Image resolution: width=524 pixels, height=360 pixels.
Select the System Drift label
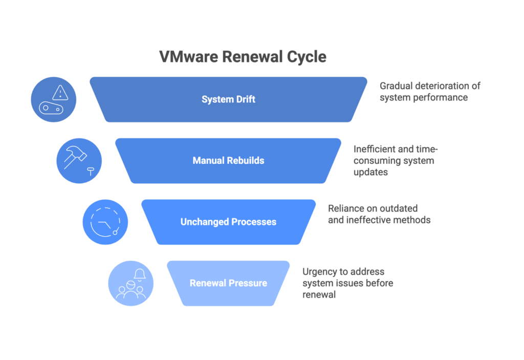point(228,99)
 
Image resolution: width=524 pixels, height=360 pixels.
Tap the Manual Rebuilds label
point(228,161)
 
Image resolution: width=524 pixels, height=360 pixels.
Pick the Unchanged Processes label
point(228,222)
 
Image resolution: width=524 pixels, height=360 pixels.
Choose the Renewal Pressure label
point(228,283)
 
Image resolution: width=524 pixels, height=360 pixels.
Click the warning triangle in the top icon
point(60,92)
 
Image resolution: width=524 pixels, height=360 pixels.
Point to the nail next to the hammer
point(91,171)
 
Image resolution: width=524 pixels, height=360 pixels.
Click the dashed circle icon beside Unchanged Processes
point(105,222)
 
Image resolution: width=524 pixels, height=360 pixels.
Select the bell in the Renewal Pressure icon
point(139,274)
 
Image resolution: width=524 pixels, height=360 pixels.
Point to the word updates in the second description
point(369,173)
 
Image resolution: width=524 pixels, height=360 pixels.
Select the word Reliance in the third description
point(346,208)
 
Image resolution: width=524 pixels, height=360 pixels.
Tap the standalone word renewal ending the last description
point(319,295)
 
